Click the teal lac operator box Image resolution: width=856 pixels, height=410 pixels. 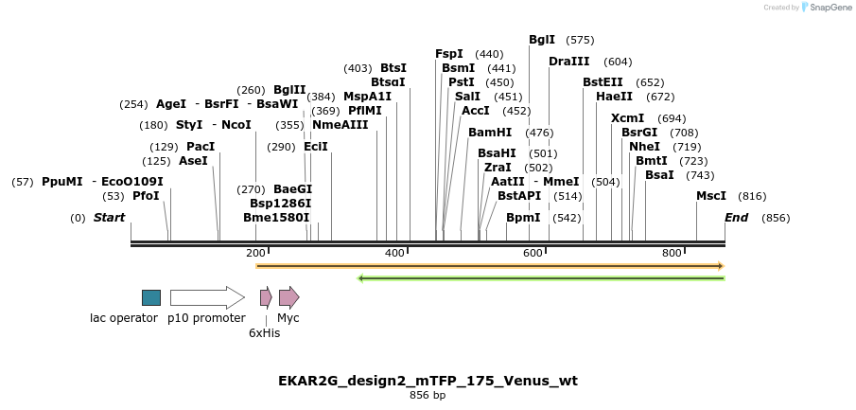[x=151, y=297]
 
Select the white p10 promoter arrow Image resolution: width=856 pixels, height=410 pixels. [x=206, y=297]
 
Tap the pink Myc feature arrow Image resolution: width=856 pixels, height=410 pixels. [x=288, y=297]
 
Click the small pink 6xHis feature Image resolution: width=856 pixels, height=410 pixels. [x=266, y=297]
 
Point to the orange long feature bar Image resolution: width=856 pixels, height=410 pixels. [x=489, y=266]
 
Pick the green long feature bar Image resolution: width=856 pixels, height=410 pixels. [x=541, y=277]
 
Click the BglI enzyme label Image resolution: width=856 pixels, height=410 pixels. [x=542, y=40]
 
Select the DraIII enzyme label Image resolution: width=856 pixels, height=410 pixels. [x=568, y=62]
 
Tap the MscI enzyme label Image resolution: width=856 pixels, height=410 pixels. [x=711, y=196]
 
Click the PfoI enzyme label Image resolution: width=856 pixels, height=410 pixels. [x=146, y=196]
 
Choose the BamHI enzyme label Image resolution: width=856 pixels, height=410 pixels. [x=490, y=133]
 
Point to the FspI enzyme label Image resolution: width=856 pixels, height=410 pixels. [x=449, y=54]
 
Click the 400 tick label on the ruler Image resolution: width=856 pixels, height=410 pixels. [x=395, y=253]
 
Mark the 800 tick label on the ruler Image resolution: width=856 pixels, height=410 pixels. [x=672, y=253]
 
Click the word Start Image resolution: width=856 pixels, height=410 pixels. [x=109, y=218]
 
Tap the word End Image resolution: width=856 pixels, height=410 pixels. [x=736, y=218]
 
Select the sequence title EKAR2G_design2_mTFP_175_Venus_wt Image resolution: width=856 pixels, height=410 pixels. [x=428, y=381]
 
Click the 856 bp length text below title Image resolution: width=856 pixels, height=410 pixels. [x=428, y=396]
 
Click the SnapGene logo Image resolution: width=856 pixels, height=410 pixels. [x=826, y=8]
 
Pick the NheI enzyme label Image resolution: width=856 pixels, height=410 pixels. [x=644, y=147]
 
